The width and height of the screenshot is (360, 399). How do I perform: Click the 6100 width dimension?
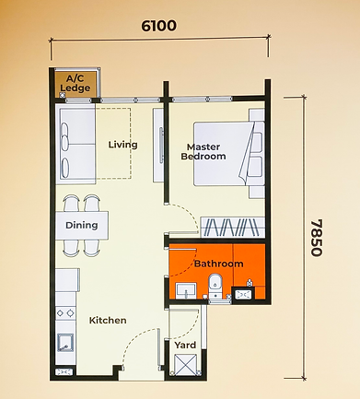click(158, 26)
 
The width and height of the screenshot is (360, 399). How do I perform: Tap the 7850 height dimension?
click(317, 238)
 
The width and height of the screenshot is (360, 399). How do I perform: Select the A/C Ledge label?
click(75, 83)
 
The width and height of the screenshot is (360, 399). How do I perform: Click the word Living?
click(122, 145)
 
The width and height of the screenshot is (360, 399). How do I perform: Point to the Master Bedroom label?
click(203, 152)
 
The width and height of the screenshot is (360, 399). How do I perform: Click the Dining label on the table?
click(82, 225)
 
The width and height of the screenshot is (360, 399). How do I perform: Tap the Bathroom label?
click(219, 264)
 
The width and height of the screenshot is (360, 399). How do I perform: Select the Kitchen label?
click(108, 321)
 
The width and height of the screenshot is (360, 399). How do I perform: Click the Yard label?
click(185, 345)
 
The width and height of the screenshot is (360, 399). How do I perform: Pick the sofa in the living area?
click(75, 144)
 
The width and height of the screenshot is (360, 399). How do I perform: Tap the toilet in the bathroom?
click(215, 287)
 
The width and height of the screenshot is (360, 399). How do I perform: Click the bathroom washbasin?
click(186, 290)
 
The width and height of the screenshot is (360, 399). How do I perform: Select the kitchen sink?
click(65, 343)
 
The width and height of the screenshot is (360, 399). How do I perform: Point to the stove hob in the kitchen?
click(65, 313)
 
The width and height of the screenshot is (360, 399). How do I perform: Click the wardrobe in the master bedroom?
click(233, 227)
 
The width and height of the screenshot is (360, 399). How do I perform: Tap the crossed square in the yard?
click(185, 365)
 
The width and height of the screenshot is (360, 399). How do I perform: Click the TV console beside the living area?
click(158, 145)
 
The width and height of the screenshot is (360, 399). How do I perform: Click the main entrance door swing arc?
click(137, 342)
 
